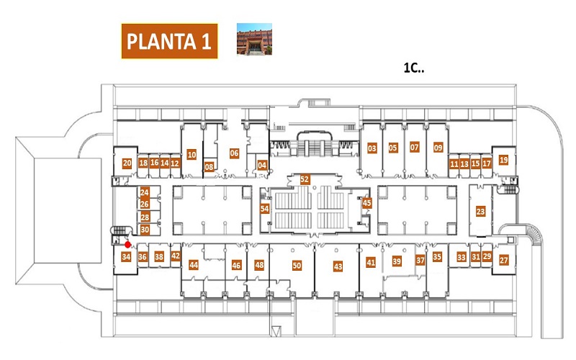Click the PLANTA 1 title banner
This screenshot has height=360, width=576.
point(169,41)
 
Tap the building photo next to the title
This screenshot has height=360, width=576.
point(254,39)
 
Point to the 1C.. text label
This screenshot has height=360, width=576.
point(413,68)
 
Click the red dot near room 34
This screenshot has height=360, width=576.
point(127,245)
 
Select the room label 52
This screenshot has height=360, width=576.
point(305,179)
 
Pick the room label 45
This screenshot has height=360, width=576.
point(366,203)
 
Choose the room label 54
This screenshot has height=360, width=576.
point(264,209)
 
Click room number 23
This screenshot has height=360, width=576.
point(480,211)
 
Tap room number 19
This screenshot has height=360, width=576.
point(503,160)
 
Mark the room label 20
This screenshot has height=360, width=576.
point(127,163)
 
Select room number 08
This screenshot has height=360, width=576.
point(209,167)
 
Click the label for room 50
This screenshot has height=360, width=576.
point(297,265)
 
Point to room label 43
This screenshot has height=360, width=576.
point(338,266)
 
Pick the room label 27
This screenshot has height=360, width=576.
point(503,261)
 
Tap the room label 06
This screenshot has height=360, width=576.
point(234,153)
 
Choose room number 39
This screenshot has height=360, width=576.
point(397,261)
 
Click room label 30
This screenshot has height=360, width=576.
point(145,230)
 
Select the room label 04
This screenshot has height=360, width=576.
point(262,166)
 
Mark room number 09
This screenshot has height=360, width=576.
point(438,148)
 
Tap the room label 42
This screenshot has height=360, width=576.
point(176,256)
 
